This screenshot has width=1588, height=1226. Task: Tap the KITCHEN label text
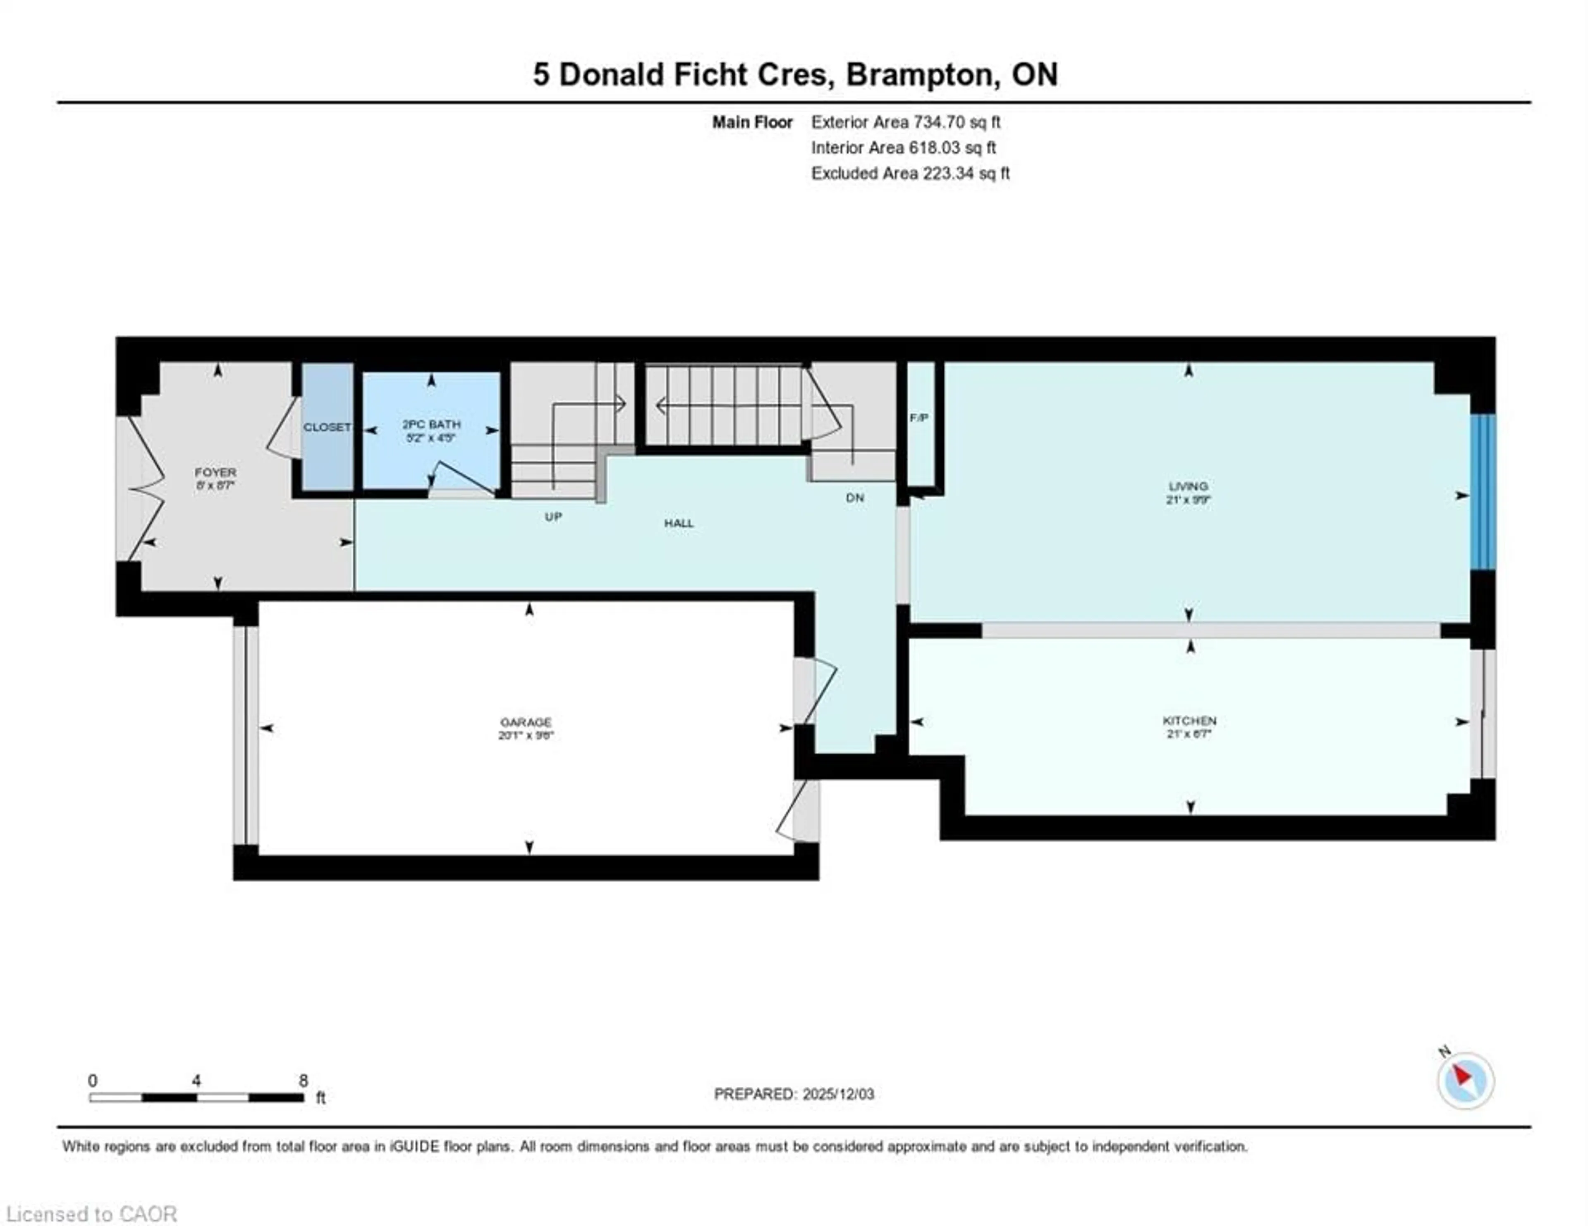click(1189, 720)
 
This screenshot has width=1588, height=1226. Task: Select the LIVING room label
click(1188, 486)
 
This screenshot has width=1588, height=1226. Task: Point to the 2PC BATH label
click(431, 424)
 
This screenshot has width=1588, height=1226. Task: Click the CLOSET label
click(327, 427)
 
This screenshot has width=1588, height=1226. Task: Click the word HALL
click(678, 523)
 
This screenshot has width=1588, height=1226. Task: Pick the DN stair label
click(855, 498)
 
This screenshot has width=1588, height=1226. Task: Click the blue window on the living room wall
click(1483, 492)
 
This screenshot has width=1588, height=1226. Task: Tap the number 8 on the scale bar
click(303, 1081)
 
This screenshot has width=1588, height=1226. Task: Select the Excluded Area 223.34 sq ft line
click(910, 174)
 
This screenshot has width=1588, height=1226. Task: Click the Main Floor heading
click(752, 122)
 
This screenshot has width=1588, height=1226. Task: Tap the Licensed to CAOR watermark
click(91, 1214)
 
